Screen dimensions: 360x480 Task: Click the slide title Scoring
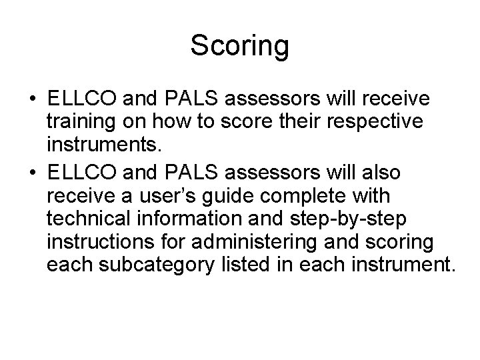tap(239, 46)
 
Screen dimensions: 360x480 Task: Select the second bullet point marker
tap(33, 173)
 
